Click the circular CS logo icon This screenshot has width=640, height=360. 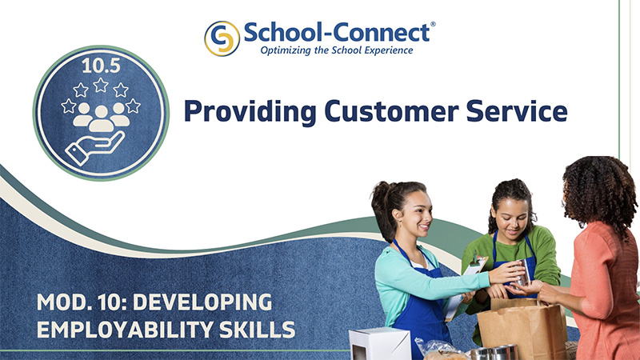click(222, 38)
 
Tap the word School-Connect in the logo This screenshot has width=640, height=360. click(337, 32)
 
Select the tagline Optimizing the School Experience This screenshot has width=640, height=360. click(337, 50)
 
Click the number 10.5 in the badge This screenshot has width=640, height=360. click(102, 66)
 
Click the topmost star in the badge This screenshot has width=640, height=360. click(101, 85)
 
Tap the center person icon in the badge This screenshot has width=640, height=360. click(102, 118)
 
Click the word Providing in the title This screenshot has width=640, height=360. click(250, 111)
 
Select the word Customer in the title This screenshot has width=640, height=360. click(391, 111)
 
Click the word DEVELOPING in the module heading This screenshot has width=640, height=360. click(202, 302)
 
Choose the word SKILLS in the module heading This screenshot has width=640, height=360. click(257, 330)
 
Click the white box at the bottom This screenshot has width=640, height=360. click(379, 344)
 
